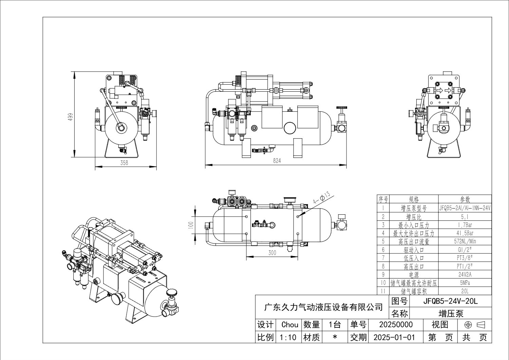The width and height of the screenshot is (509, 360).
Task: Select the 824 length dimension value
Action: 277,161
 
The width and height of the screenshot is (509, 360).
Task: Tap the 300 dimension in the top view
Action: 272,253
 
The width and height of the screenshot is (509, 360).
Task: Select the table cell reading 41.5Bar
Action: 465,233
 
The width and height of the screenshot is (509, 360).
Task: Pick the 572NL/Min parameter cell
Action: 465,241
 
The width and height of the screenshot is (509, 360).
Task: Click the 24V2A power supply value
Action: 465,274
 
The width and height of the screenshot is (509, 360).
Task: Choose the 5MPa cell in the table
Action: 465,283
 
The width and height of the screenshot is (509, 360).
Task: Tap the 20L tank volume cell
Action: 465,291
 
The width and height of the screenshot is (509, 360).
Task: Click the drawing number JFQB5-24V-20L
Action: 450,301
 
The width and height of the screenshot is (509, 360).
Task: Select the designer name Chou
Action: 289,325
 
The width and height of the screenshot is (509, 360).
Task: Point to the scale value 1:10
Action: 288,337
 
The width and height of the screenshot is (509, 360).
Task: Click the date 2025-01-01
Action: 394,337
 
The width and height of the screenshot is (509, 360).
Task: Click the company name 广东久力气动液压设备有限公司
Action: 323,307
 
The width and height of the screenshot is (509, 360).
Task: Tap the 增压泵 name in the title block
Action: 451,313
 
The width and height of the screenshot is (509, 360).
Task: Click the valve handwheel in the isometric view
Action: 171,293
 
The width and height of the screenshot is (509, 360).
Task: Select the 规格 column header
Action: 414,199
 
